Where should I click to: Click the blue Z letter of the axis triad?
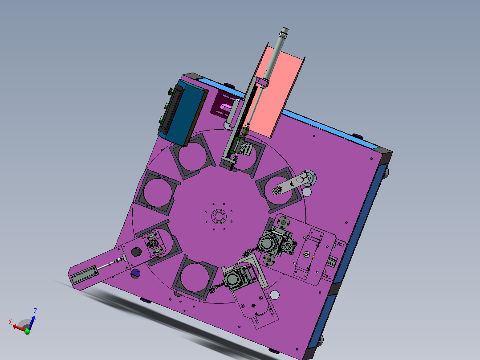coord(35,311)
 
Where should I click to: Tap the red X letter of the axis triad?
coord(10,322)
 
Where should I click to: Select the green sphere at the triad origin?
coord(27,331)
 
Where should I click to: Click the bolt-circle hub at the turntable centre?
coord(219,216)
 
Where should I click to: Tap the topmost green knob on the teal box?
coord(171,91)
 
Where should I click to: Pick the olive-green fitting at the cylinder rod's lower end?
coord(245,131)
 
